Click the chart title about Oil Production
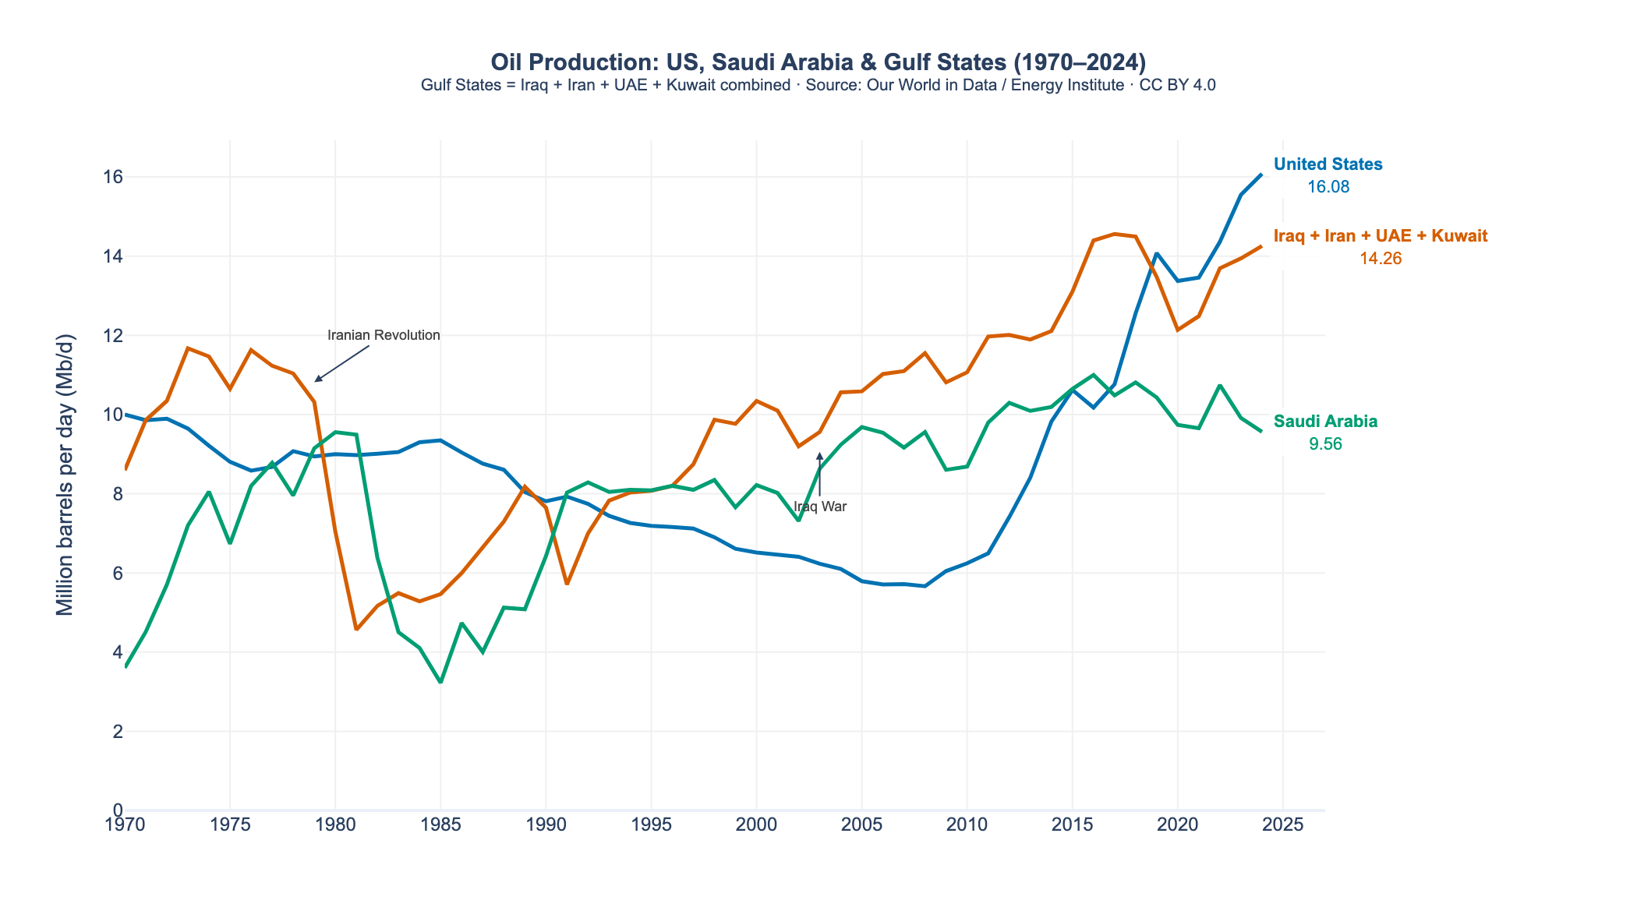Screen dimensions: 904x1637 (x=818, y=62)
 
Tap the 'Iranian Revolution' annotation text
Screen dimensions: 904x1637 (x=384, y=335)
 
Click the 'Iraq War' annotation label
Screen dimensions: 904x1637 (x=820, y=507)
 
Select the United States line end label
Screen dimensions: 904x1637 (x=1328, y=164)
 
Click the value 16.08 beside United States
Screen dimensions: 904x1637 (x=1328, y=187)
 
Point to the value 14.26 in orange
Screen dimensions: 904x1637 (x=1381, y=259)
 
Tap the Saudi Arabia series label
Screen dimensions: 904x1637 (x=1325, y=422)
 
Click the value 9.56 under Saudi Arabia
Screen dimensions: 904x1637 (x=1325, y=444)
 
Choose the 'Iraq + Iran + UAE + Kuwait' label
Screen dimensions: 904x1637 (x=1381, y=236)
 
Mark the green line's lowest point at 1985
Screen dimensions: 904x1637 (x=440, y=682)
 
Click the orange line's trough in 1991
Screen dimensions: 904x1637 (x=567, y=584)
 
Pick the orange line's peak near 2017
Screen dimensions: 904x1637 (x=1114, y=234)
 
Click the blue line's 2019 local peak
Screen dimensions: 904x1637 (x=1156, y=253)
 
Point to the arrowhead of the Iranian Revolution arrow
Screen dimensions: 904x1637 (x=316, y=381)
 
